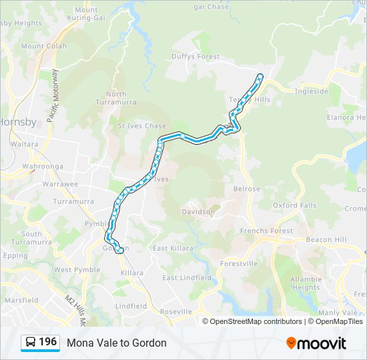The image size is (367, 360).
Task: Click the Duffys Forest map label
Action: [x=200, y=57]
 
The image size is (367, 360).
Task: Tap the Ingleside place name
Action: [x=312, y=91]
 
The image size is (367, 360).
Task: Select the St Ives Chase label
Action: [x=142, y=125]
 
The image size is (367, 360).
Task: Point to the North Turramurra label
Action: [x=115, y=98]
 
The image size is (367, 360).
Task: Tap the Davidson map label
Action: [x=198, y=212]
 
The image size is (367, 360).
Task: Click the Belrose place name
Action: [x=246, y=189]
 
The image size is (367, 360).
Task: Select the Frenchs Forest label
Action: [x=266, y=231]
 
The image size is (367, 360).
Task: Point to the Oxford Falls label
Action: [x=294, y=205]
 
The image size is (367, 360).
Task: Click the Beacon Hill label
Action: [x=326, y=239]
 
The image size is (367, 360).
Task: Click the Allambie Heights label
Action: [x=306, y=283]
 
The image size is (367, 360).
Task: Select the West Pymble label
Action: [x=72, y=270]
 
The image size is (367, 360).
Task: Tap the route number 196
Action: [x=47, y=342]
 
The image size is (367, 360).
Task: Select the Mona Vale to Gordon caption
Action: [x=117, y=343]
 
